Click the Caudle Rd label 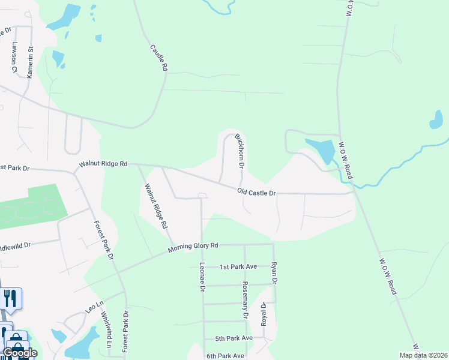(158, 57)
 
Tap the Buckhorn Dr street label (240, 150)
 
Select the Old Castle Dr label (256, 193)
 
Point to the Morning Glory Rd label (193, 246)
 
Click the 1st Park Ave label (238, 266)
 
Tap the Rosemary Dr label (245, 300)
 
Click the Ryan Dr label (274, 272)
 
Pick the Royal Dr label (263, 314)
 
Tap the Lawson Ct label (12, 57)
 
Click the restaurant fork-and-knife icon (10, 298)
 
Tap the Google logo (20, 353)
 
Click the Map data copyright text (423, 355)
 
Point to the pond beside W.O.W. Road (324, 150)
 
